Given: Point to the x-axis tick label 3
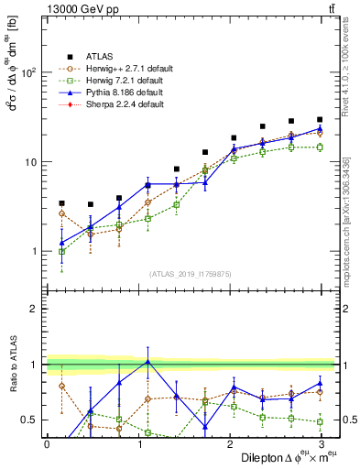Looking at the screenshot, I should click(x=320, y=442).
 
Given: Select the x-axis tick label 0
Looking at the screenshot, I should click(x=47, y=442).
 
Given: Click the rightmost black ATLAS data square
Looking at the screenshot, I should click(x=320, y=119).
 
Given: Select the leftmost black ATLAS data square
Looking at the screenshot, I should click(x=61, y=203).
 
